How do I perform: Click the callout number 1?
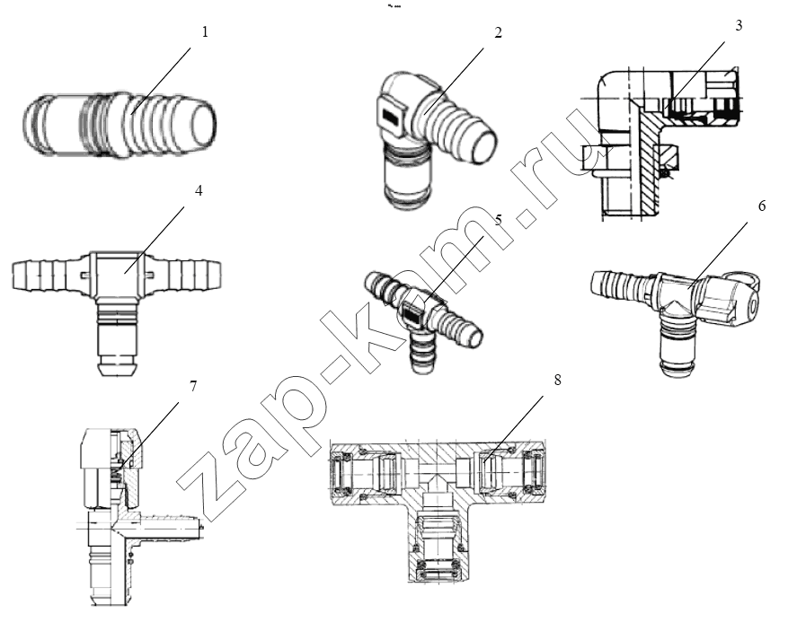point(205,32)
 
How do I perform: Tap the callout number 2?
point(498,32)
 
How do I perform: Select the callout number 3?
point(739,26)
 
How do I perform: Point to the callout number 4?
point(199,191)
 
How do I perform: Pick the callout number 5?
point(499,221)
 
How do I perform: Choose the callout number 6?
point(762,206)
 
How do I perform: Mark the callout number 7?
point(192,386)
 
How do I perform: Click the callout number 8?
point(557,380)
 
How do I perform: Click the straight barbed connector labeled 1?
point(120,126)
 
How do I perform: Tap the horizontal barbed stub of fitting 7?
point(167,526)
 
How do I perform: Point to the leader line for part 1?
point(161,81)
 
